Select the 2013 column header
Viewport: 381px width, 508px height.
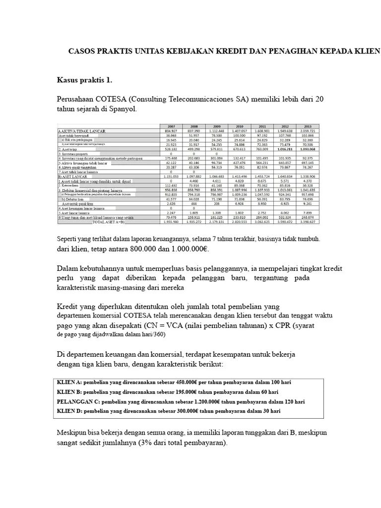coord(308,126)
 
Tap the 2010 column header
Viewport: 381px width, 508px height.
coord(239,126)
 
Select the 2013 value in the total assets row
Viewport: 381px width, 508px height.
coord(308,222)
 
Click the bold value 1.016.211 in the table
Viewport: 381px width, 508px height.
coord(285,148)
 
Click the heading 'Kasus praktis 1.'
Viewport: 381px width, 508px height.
coord(85,79)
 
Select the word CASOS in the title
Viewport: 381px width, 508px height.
coord(80,51)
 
